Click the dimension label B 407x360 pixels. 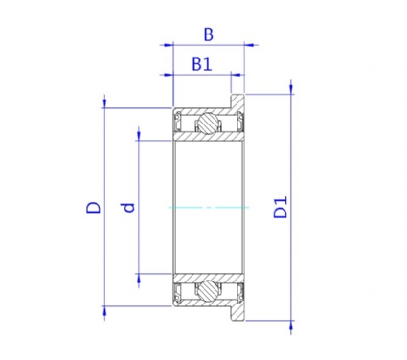tap(208, 34)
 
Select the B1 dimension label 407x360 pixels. tap(202, 64)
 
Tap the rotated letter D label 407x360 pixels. tap(94, 207)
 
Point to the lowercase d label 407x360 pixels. tap(129, 208)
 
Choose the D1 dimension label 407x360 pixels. tap(281, 208)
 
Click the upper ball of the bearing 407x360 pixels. tap(208, 124)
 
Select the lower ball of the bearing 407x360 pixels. tap(208, 290)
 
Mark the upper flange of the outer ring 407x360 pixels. tap(237, 101)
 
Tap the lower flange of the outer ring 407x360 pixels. tap(237, 313)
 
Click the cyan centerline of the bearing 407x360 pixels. tap(209, 208)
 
